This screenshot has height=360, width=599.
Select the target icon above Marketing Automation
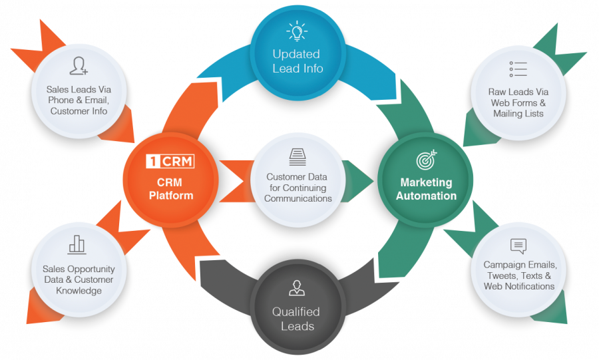tap(425, 160)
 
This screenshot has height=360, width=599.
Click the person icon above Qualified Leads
tap(296, 288)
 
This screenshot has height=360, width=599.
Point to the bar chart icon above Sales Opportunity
tap(77, 244)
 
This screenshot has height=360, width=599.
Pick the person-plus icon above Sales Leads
tap(79, 66)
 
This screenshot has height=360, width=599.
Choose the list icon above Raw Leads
tap(518, 69)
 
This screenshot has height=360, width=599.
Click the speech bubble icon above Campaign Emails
tap(518, 246)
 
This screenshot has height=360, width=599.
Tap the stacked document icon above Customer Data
tap(298, 157)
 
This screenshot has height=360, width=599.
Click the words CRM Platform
tap(170, 189)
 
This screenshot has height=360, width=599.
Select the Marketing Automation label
tap(426, 189)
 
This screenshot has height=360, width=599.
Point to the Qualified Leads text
tap(296, 319)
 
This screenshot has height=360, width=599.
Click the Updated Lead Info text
tap(296, 61)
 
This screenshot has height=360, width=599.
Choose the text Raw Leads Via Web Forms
tap(518, 102)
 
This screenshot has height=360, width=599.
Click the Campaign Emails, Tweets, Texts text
tap(520, 275)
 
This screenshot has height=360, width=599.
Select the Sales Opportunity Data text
tap(79, 274)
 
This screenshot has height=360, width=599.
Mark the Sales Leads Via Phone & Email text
tap(79, 100)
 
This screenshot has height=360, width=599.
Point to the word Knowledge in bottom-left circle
tap(79, 291)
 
